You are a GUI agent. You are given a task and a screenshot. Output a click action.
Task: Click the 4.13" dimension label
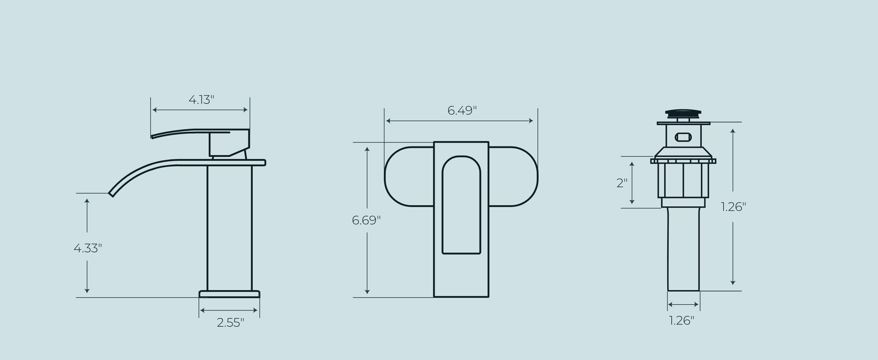(x=201, y=100)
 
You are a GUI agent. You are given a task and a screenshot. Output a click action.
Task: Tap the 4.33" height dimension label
(x=88, y=248)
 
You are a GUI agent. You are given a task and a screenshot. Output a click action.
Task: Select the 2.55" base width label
(x=230, y=322)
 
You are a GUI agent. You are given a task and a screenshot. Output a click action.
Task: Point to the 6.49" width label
(x=462, y=110)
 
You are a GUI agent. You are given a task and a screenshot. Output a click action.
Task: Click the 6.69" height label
(x=366, y=220)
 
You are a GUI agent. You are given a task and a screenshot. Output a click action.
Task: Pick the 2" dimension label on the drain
(x=622, y=183)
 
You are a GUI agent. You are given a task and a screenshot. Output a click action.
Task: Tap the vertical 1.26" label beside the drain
(x=733, y=207)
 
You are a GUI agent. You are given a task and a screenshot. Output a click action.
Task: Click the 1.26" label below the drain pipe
(x=681, y=320)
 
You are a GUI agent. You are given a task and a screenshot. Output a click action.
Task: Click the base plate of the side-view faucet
(x=229, y=294)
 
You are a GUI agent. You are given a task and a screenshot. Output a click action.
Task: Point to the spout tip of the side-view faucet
(x=111, y=194)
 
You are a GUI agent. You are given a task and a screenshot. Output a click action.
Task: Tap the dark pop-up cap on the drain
(x=683, y=112)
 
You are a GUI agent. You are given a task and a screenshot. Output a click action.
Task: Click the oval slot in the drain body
(x=683, y=137)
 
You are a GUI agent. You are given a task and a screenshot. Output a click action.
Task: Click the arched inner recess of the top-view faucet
(x=461, y=205)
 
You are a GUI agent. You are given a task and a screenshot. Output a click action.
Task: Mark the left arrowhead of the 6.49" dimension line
(x=388, y=121)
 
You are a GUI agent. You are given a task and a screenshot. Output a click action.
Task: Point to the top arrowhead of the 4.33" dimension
(x=87, y=201)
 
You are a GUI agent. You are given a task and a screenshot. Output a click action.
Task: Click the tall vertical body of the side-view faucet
(x=229, y=228)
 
